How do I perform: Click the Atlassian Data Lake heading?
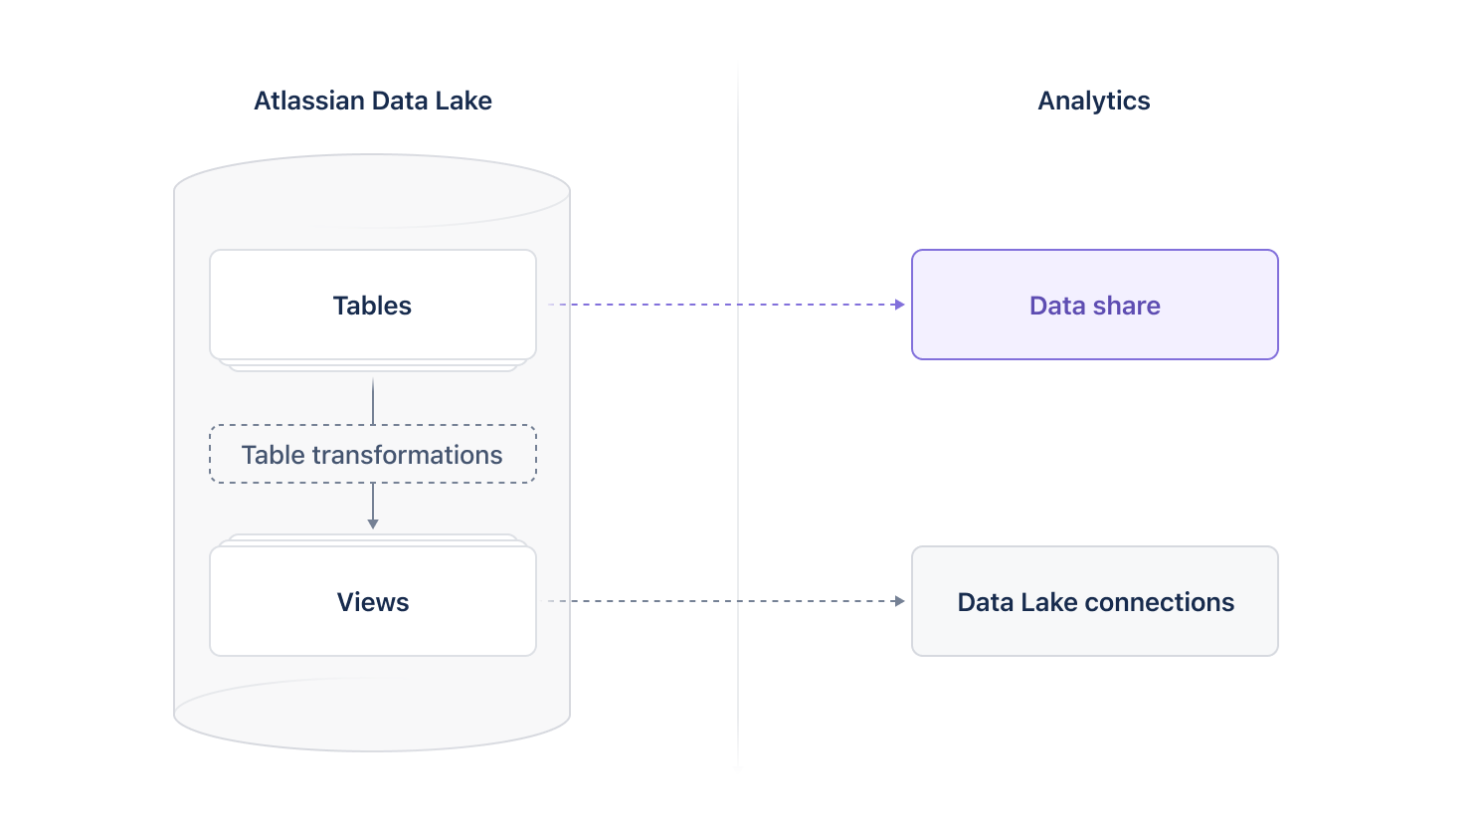point(372,101)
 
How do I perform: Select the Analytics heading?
point(1093,101)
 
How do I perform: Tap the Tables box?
point(372,305)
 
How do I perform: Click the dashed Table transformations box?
point(372,455)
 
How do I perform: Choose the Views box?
point(372,601)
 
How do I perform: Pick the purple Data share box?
point(1094,305)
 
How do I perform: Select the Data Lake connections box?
point(1094,601)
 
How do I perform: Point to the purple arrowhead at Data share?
point(900,305)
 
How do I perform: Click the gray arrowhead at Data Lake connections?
point(900,601)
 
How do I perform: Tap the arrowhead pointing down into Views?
point(373,523)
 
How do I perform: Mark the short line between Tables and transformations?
point(373,401)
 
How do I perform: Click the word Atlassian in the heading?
point(309,101)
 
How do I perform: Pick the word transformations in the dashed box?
point(407,455)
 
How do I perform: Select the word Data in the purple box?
point(1057,306)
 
